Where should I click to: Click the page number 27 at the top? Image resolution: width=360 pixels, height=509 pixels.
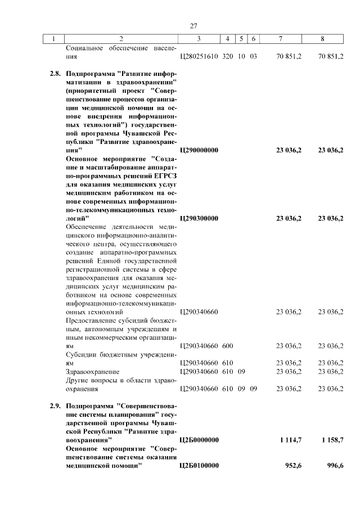point(193,26)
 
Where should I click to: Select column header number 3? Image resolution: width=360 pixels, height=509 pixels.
point(199,39)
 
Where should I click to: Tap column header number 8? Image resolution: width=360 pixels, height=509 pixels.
point(322,39)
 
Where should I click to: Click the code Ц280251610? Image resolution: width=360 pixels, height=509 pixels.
point(199,57)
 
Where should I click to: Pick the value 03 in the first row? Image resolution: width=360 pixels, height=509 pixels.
point(253,57)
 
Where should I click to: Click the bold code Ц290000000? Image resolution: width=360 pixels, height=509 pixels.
point(199,150)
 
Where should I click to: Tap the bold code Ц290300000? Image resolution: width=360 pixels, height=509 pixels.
point(199,218)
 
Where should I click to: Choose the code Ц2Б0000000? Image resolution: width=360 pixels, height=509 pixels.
point(199,440)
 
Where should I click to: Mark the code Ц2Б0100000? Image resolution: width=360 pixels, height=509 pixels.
point(199,466)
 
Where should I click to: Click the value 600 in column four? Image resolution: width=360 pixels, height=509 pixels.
point(228,346)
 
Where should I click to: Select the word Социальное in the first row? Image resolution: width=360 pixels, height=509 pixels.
point(84,48)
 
